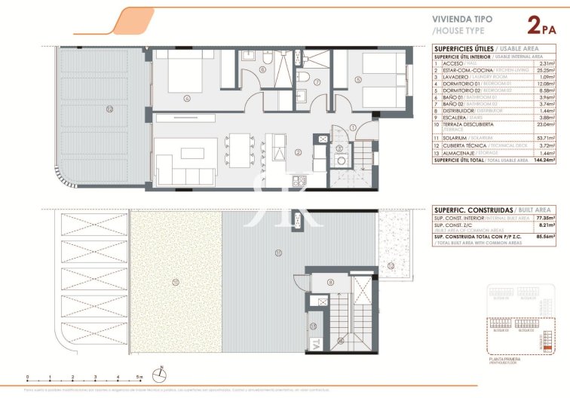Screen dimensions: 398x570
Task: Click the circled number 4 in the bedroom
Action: (185, 97)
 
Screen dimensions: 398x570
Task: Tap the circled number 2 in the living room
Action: (299, 152)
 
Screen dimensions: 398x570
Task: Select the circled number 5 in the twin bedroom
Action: (358, 79)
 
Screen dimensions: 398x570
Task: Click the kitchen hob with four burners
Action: (299, 181)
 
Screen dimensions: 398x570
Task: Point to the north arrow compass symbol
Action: (161, 372)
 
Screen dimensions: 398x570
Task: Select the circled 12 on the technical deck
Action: (391, 265)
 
